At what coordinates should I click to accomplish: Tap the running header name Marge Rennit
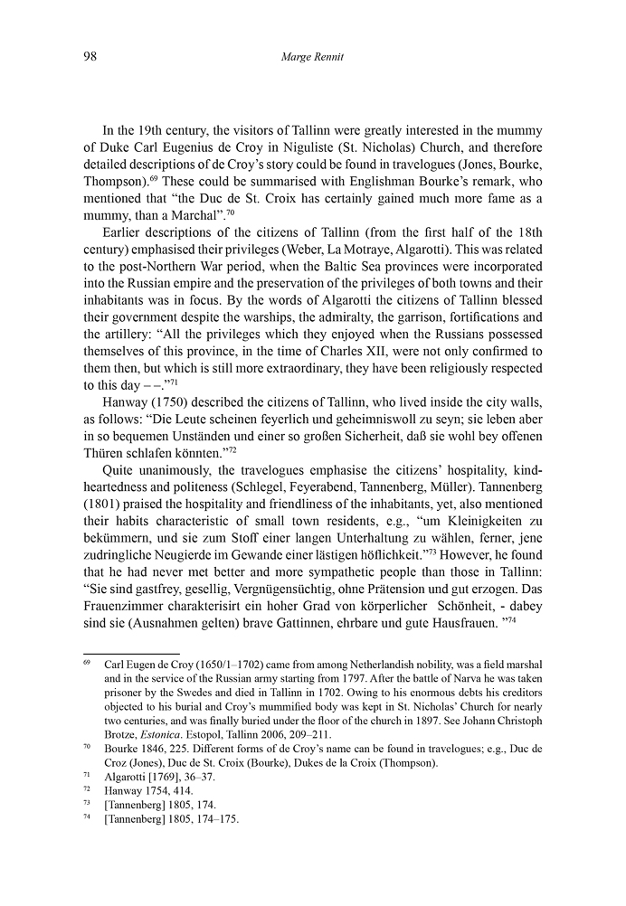[x=312, y=58]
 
